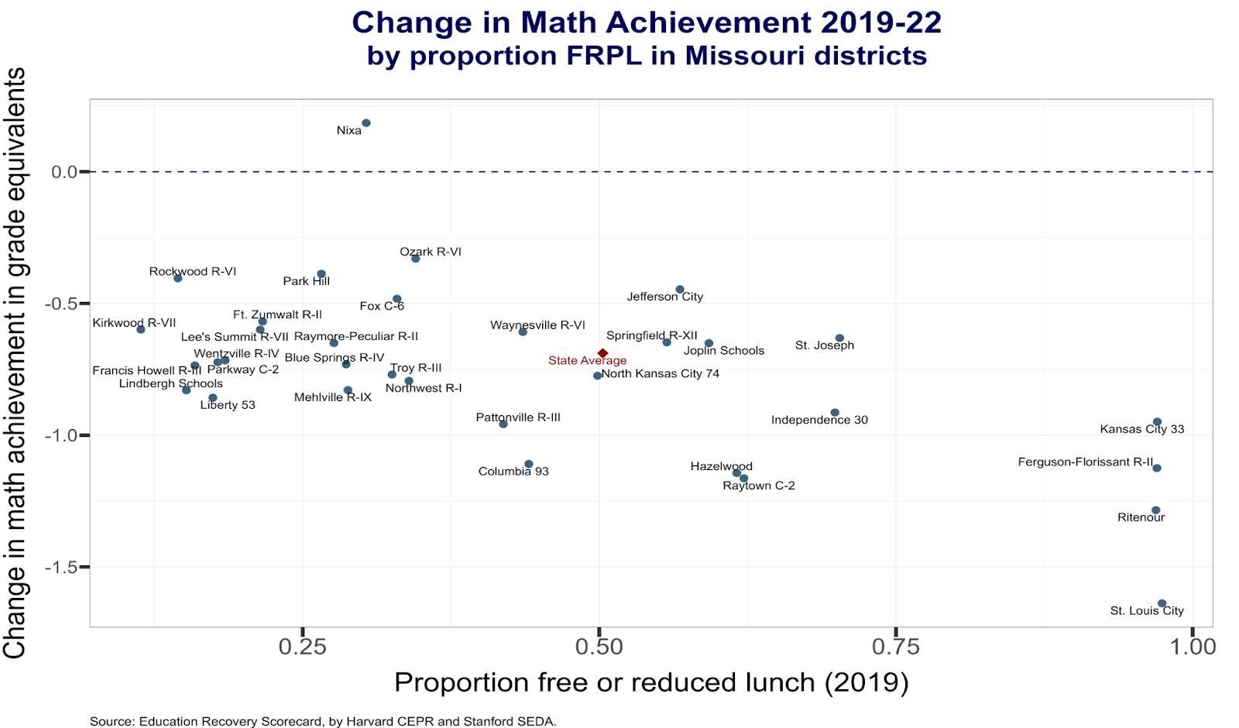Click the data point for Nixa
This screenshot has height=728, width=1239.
[366, 123]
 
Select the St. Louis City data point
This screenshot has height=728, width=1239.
[1162, 603]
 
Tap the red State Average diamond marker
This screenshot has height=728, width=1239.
[603, 353]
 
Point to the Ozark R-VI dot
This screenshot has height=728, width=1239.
[416, 259]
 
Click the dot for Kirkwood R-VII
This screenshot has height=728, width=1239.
[141, 330]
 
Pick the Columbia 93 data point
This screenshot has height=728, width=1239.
[529, 465]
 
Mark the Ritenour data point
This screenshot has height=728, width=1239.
[1156, 510]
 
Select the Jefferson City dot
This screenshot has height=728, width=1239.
[680, 290]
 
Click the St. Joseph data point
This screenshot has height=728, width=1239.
[839, 338]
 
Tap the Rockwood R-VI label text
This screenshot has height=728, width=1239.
[193, 272]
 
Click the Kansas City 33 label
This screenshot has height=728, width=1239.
[1142, 429]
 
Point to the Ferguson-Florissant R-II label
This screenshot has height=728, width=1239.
[1086, 462]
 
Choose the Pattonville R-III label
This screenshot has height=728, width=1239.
[518, 418]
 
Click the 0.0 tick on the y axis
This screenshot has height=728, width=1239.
[65, 172]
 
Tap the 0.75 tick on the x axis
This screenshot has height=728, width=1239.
[896, 647]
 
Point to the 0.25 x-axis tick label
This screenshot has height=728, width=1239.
[302, 647]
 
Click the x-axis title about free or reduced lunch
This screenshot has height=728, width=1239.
[651, 683]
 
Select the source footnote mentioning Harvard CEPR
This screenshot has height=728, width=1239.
[323, 722]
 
